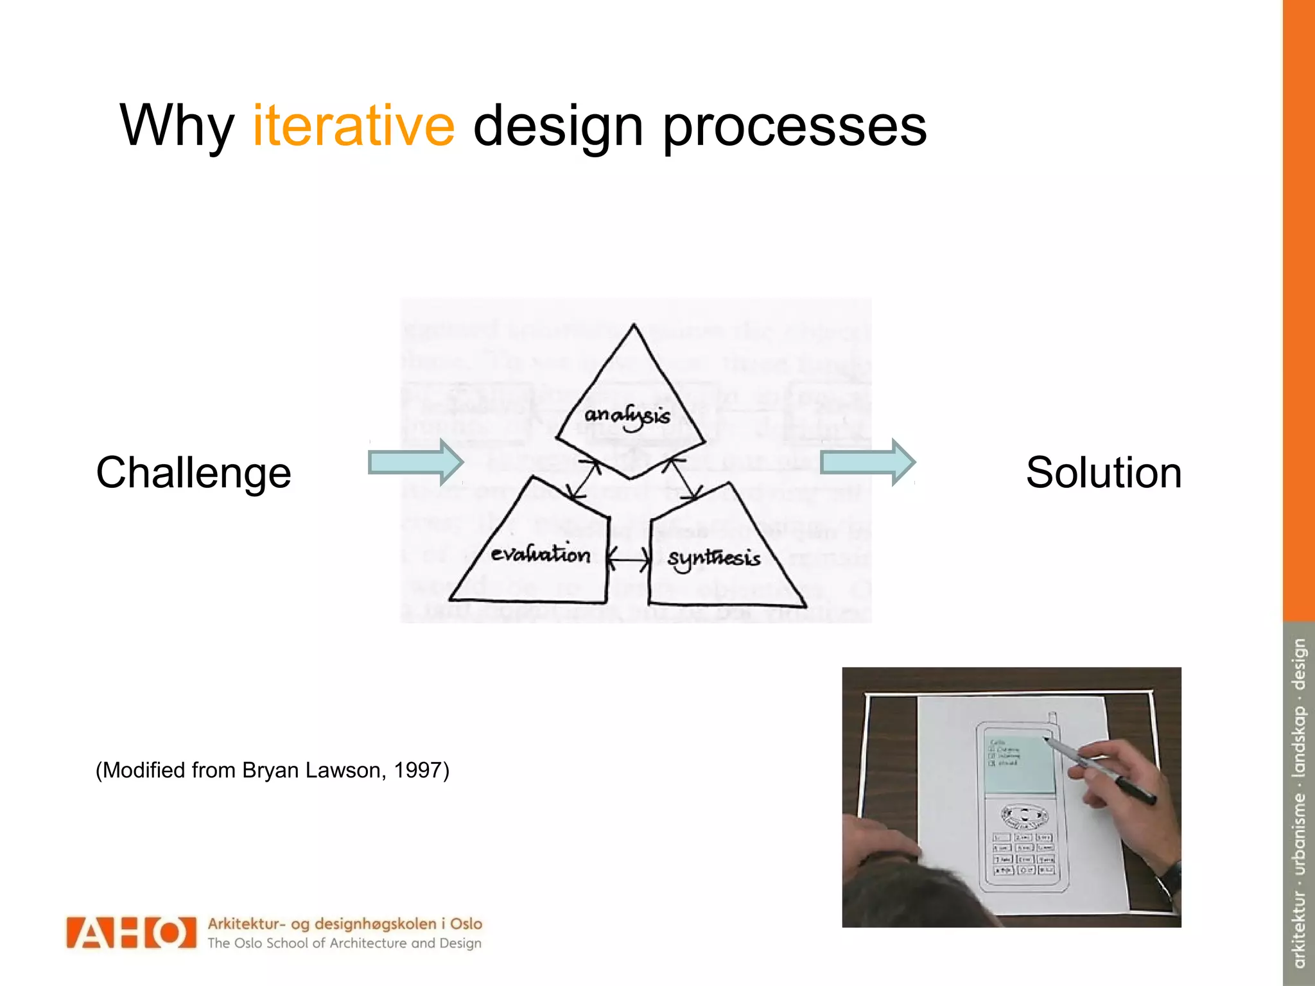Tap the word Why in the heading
click(177, 126)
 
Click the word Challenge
click(193, 473)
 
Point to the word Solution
click(1103, 473)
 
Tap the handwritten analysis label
click(627, 417)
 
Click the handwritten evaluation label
click(540, 554)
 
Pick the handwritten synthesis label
click(713, 558)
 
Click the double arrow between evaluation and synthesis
click(629, 560)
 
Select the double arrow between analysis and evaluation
click(585, 479)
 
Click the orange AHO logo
click(131, 933)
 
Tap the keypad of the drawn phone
click(1023, 854)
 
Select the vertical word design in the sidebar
click(1299, 664)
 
